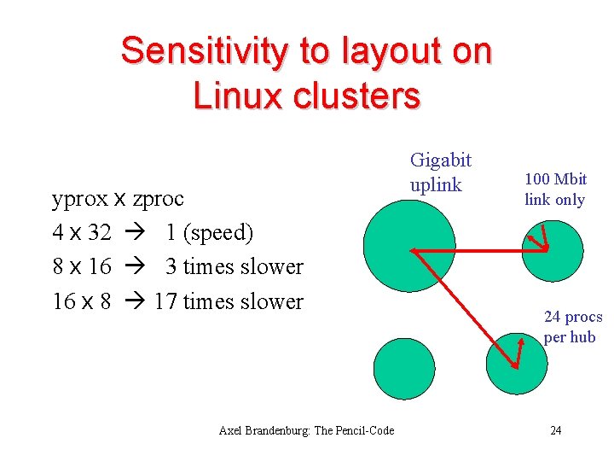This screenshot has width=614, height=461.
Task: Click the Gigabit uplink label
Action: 440,172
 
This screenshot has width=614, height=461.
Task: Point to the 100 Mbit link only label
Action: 555,189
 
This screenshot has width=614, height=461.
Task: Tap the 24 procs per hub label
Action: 572,326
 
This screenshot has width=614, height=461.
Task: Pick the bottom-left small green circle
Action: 404,369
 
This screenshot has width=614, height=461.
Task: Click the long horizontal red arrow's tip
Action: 413,250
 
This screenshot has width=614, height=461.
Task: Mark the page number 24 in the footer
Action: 555,430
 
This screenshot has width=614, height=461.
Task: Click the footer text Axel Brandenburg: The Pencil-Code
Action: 306,430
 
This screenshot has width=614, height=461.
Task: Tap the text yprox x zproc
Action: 118,198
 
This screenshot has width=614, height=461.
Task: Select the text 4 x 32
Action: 82,232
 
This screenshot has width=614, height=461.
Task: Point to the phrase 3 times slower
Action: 235,266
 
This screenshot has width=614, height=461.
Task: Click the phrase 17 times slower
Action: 229,301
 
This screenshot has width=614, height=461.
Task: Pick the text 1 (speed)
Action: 209,232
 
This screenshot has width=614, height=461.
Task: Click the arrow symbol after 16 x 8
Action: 135,301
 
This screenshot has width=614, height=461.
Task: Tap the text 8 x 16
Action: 82,266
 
